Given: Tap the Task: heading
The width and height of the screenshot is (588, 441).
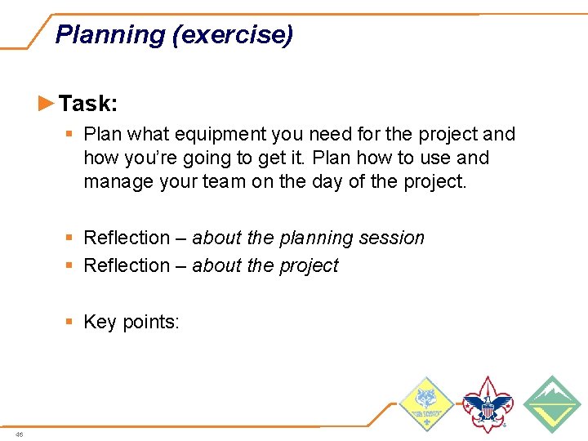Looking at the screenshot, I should [x=88, y=104].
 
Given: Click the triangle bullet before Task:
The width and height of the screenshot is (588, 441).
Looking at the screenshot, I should [x=47, y=103].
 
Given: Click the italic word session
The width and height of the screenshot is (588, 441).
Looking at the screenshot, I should [x=394, y=238].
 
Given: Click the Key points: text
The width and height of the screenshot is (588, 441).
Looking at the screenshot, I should [x=131, y=322].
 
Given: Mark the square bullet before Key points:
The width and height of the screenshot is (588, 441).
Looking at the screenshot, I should [x=71, y=322].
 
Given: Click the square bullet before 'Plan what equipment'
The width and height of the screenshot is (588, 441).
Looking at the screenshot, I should [x=71, y=134].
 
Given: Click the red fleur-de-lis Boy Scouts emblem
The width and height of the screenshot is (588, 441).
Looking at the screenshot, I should [x=488, y=404].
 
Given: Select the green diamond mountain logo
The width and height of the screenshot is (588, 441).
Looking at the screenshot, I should [x=551, y=403].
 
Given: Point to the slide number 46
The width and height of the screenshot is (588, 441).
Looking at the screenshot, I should [x=20, y=434].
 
